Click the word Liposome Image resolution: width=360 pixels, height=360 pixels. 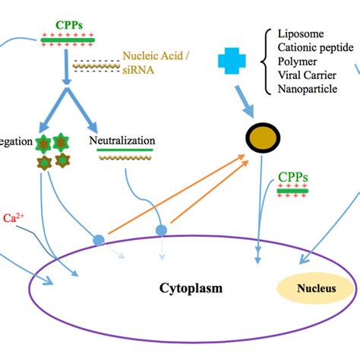tap(301, 34)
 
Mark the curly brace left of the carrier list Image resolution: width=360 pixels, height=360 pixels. tap(268, 62)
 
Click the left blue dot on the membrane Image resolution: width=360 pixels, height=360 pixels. tap(99, 240)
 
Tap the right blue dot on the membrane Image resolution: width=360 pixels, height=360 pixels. tap(161, 229)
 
